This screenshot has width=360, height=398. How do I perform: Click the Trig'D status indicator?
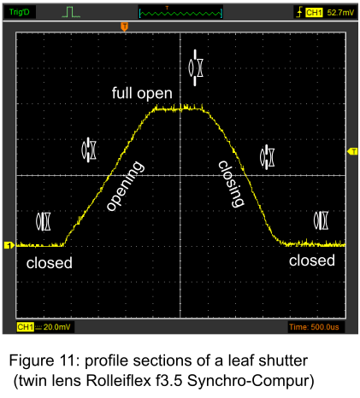point(20,12)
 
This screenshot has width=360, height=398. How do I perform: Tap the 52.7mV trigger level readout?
point(340,13)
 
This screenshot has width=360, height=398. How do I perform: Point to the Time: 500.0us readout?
point(314,327)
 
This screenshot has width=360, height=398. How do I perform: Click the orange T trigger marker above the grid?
point(124,26)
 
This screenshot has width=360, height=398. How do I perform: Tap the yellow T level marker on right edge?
point(352,151)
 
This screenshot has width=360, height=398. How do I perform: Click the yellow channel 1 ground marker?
point(9,245)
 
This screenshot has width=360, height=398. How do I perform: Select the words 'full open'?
point(142,93)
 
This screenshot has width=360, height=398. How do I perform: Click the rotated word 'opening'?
point(125,186)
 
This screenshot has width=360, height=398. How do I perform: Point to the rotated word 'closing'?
point(232,184)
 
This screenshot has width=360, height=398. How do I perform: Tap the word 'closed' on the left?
point(50,263)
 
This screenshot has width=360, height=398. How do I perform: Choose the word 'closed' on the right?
point(312,260)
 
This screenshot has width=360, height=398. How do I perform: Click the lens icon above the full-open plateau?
point(196,67)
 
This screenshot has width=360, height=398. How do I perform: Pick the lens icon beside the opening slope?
point(89,149)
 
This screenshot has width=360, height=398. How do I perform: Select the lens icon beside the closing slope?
point(267,157)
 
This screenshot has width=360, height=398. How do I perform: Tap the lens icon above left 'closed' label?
point(44,221)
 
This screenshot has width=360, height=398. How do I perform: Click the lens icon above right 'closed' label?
point(321,220)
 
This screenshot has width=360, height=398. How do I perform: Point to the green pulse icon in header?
point(71,12)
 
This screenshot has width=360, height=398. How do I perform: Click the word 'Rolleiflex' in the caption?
point(119,380)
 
